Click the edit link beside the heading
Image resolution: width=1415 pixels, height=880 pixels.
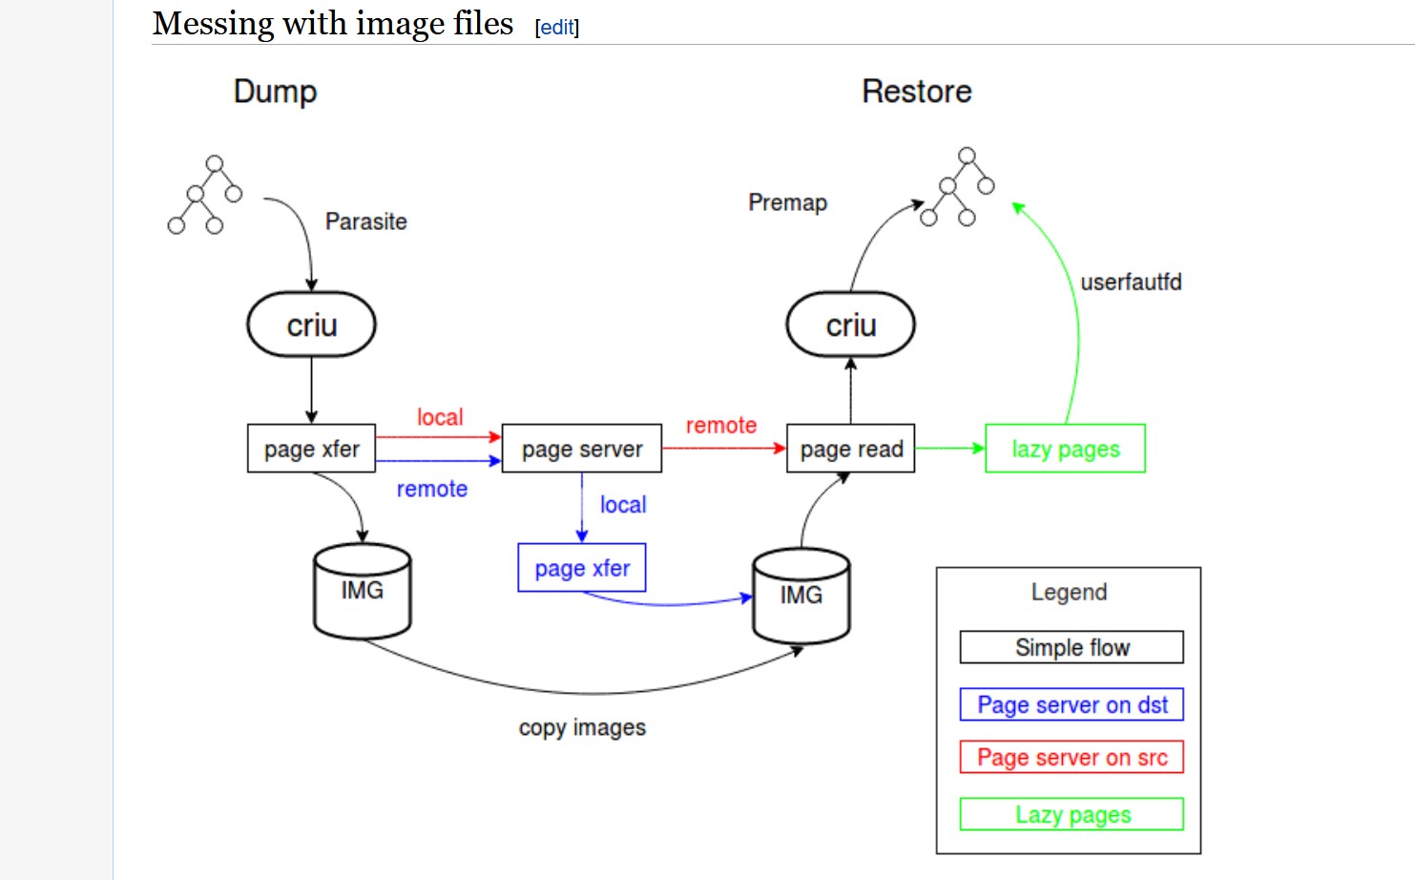point(557,28)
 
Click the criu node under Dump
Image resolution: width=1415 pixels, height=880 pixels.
point(311,325)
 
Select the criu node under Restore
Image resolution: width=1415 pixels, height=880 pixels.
point(850,325)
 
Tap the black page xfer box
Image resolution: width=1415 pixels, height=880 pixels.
point(311,449)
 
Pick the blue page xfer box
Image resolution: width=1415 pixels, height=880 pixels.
point(582,568)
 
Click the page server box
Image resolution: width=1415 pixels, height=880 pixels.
point(582,449)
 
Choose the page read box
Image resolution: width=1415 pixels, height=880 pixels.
point(851,449)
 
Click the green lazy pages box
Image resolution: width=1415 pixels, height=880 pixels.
point(1065,449)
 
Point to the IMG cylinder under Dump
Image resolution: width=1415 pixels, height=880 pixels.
point(363,592)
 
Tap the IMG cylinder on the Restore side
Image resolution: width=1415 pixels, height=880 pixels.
point(801,597)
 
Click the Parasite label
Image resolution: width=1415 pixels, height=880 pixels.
point(366,221)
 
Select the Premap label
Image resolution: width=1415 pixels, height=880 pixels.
point(787,202)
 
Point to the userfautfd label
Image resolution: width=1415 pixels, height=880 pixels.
point(1131,282)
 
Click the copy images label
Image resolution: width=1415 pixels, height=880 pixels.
point(582,727)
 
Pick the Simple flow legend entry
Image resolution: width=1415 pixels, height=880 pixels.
point(1072,647)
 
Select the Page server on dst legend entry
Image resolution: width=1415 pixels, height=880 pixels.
point(1072,704)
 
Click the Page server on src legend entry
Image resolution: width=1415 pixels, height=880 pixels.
point(1072,757)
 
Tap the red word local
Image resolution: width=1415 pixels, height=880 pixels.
point(440,417)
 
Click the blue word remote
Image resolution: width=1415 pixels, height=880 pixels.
point(432,489)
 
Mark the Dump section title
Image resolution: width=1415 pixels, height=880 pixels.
point(275,92)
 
